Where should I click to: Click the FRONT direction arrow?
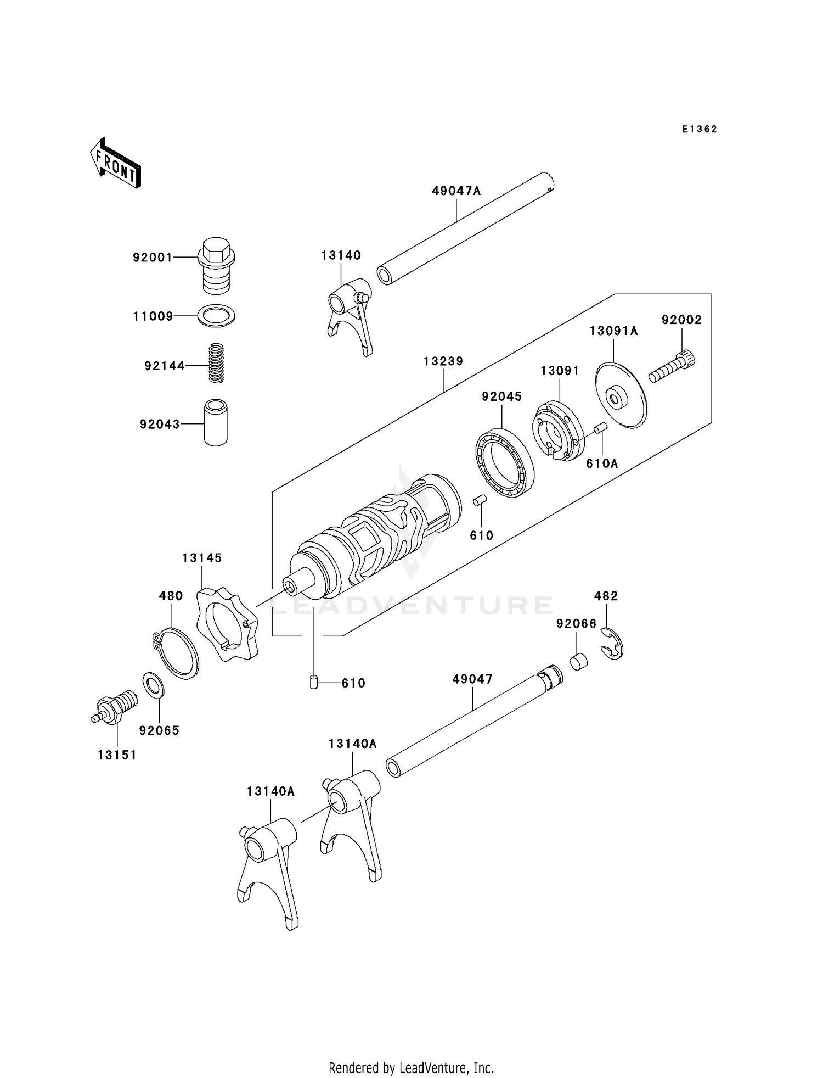pyautogui.click(x=116, y=163)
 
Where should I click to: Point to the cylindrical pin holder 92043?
pyautogui.click(x=216, y=422)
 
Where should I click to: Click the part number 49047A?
pyautogui.click(x=456, y=191)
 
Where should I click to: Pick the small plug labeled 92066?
pyautogui.click(x=578, y=661)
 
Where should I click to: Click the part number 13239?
pyautogui.click(x=443, y=361)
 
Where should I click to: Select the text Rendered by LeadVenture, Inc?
pyautogui.click(x=411, y=1068)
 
